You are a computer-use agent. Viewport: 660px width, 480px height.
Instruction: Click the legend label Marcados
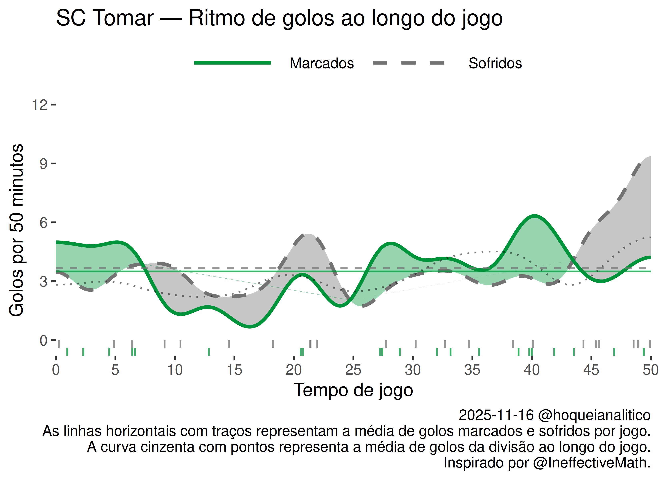[x=322, y=63]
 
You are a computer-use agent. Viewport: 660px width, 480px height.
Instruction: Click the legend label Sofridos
[x=495, y=63]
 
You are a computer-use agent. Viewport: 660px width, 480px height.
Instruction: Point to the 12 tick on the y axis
[x=40, y=105]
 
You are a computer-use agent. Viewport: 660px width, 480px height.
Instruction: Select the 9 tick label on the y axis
[x=43, y=164]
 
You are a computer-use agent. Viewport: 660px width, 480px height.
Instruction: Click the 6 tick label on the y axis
[x=43, y=223]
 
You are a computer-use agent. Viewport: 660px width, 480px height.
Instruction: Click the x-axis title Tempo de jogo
[x=353, y=390]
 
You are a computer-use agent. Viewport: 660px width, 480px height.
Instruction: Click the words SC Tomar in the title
[x=105, y=18]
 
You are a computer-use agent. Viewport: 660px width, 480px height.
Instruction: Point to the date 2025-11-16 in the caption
[x=496, y=415]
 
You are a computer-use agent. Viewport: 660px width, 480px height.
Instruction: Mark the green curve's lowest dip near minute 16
[x=250, y=327]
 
